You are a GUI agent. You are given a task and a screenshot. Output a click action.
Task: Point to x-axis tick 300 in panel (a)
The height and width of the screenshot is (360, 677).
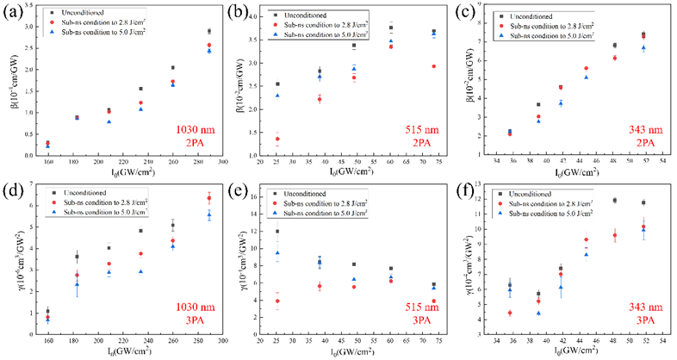tap(222, 161)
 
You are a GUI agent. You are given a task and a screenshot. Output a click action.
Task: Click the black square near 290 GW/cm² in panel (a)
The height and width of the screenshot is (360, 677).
tap(209, 32)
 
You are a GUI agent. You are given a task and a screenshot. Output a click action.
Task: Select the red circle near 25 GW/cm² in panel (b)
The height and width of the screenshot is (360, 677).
tap(277, 139)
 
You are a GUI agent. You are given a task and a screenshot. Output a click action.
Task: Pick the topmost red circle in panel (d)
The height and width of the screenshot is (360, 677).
tap(208, 198)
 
